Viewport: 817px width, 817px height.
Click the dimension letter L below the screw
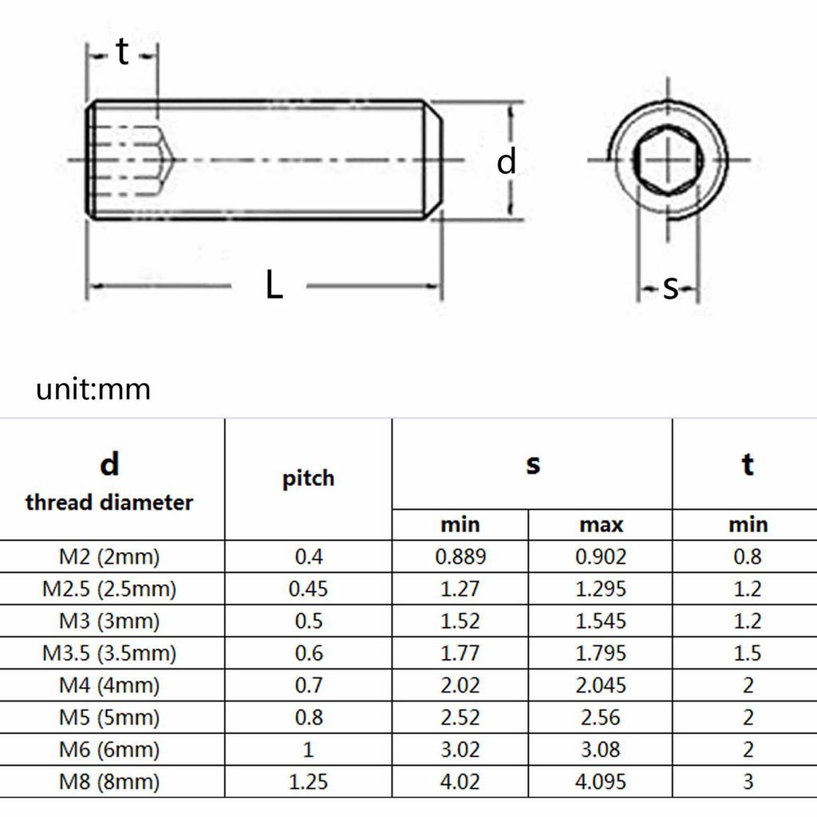coord(274,285)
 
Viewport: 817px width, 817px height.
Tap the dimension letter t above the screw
coord(122,53)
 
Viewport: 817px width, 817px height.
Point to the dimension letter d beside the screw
coord(507,162)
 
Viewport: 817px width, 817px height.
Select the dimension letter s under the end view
coord(670,287)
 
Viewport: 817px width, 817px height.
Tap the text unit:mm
coord(93,389)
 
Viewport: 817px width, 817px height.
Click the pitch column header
coord(308,479)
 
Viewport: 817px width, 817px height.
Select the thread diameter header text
coord(109,503)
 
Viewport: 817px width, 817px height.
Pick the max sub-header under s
coord(601,524)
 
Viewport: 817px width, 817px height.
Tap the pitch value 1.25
coord(308,782)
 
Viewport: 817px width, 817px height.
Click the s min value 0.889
coord(460,556)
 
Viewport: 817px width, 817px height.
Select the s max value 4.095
coord(601,782)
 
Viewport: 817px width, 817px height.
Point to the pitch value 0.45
coord(308,589)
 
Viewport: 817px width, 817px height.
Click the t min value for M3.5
coord(748,653)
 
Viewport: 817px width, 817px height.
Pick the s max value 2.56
coord(601,717)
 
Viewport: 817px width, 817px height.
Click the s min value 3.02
coord(460,750)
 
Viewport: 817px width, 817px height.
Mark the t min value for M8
coord(748,782)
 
